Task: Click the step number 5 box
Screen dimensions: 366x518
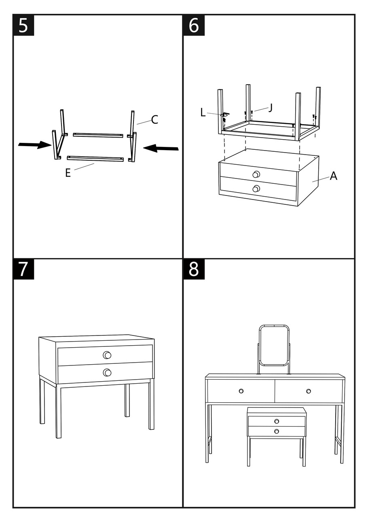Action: [x=23, y=25]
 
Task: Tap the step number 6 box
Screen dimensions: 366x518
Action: [x=194, y=25]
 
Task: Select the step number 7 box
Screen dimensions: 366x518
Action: [x=23, y=269]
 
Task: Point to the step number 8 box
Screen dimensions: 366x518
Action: [x=194, y=269]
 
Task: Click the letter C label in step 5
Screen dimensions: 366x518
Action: [x=154, y=120]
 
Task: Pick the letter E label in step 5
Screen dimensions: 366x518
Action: [x=68, y=173]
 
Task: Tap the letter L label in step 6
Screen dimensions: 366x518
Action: [x=203, y=113]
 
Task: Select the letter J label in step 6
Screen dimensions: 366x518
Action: [x=271, y=108]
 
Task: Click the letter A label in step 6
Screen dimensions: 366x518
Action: [x=333, y=176]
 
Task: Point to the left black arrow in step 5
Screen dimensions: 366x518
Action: [x=35, y=145]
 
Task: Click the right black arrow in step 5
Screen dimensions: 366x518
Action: [x=161, y=148]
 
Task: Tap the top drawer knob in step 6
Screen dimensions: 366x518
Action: [x=256, y=174]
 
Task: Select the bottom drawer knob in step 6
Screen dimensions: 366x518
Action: [x=256, y=189]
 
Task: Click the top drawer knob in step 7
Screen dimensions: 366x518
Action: [x=107, y=355]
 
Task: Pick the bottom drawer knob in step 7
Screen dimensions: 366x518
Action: [x=107, y=373]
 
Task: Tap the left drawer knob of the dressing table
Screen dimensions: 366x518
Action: [x=241, y=391]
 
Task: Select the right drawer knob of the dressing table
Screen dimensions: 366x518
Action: [x=309, y=391]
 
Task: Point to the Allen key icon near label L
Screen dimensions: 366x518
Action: [x=225, y=114]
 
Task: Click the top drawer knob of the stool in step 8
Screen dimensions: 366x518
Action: [x=277, y=421]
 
